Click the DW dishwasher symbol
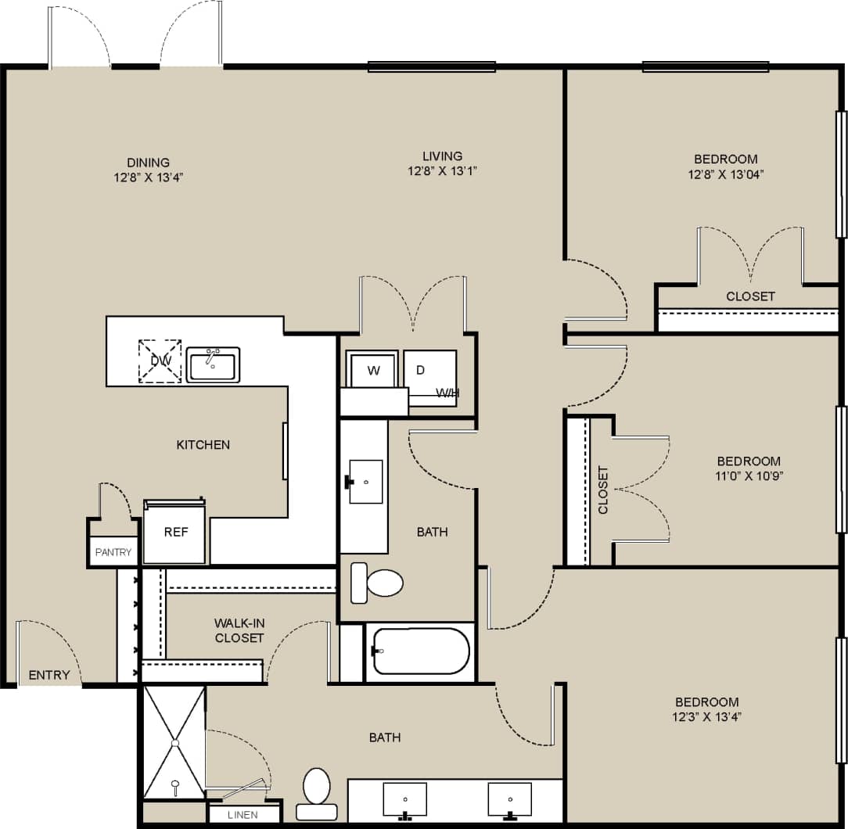(160, 361)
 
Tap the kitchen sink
(213, 365)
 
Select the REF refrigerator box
(175, 532)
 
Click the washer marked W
(373, 370)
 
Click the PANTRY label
(113, 552)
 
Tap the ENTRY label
(49, 675)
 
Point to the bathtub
(421, 651)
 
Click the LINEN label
(243, 815)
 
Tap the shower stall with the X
(174, 742)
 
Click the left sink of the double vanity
(405, 799)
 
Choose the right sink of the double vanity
(509, 799)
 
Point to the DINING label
(148, 163)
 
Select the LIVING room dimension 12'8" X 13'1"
(442, 170)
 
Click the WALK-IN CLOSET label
(239, 630)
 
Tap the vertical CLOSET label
(603, 490)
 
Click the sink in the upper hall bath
(365, 482)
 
